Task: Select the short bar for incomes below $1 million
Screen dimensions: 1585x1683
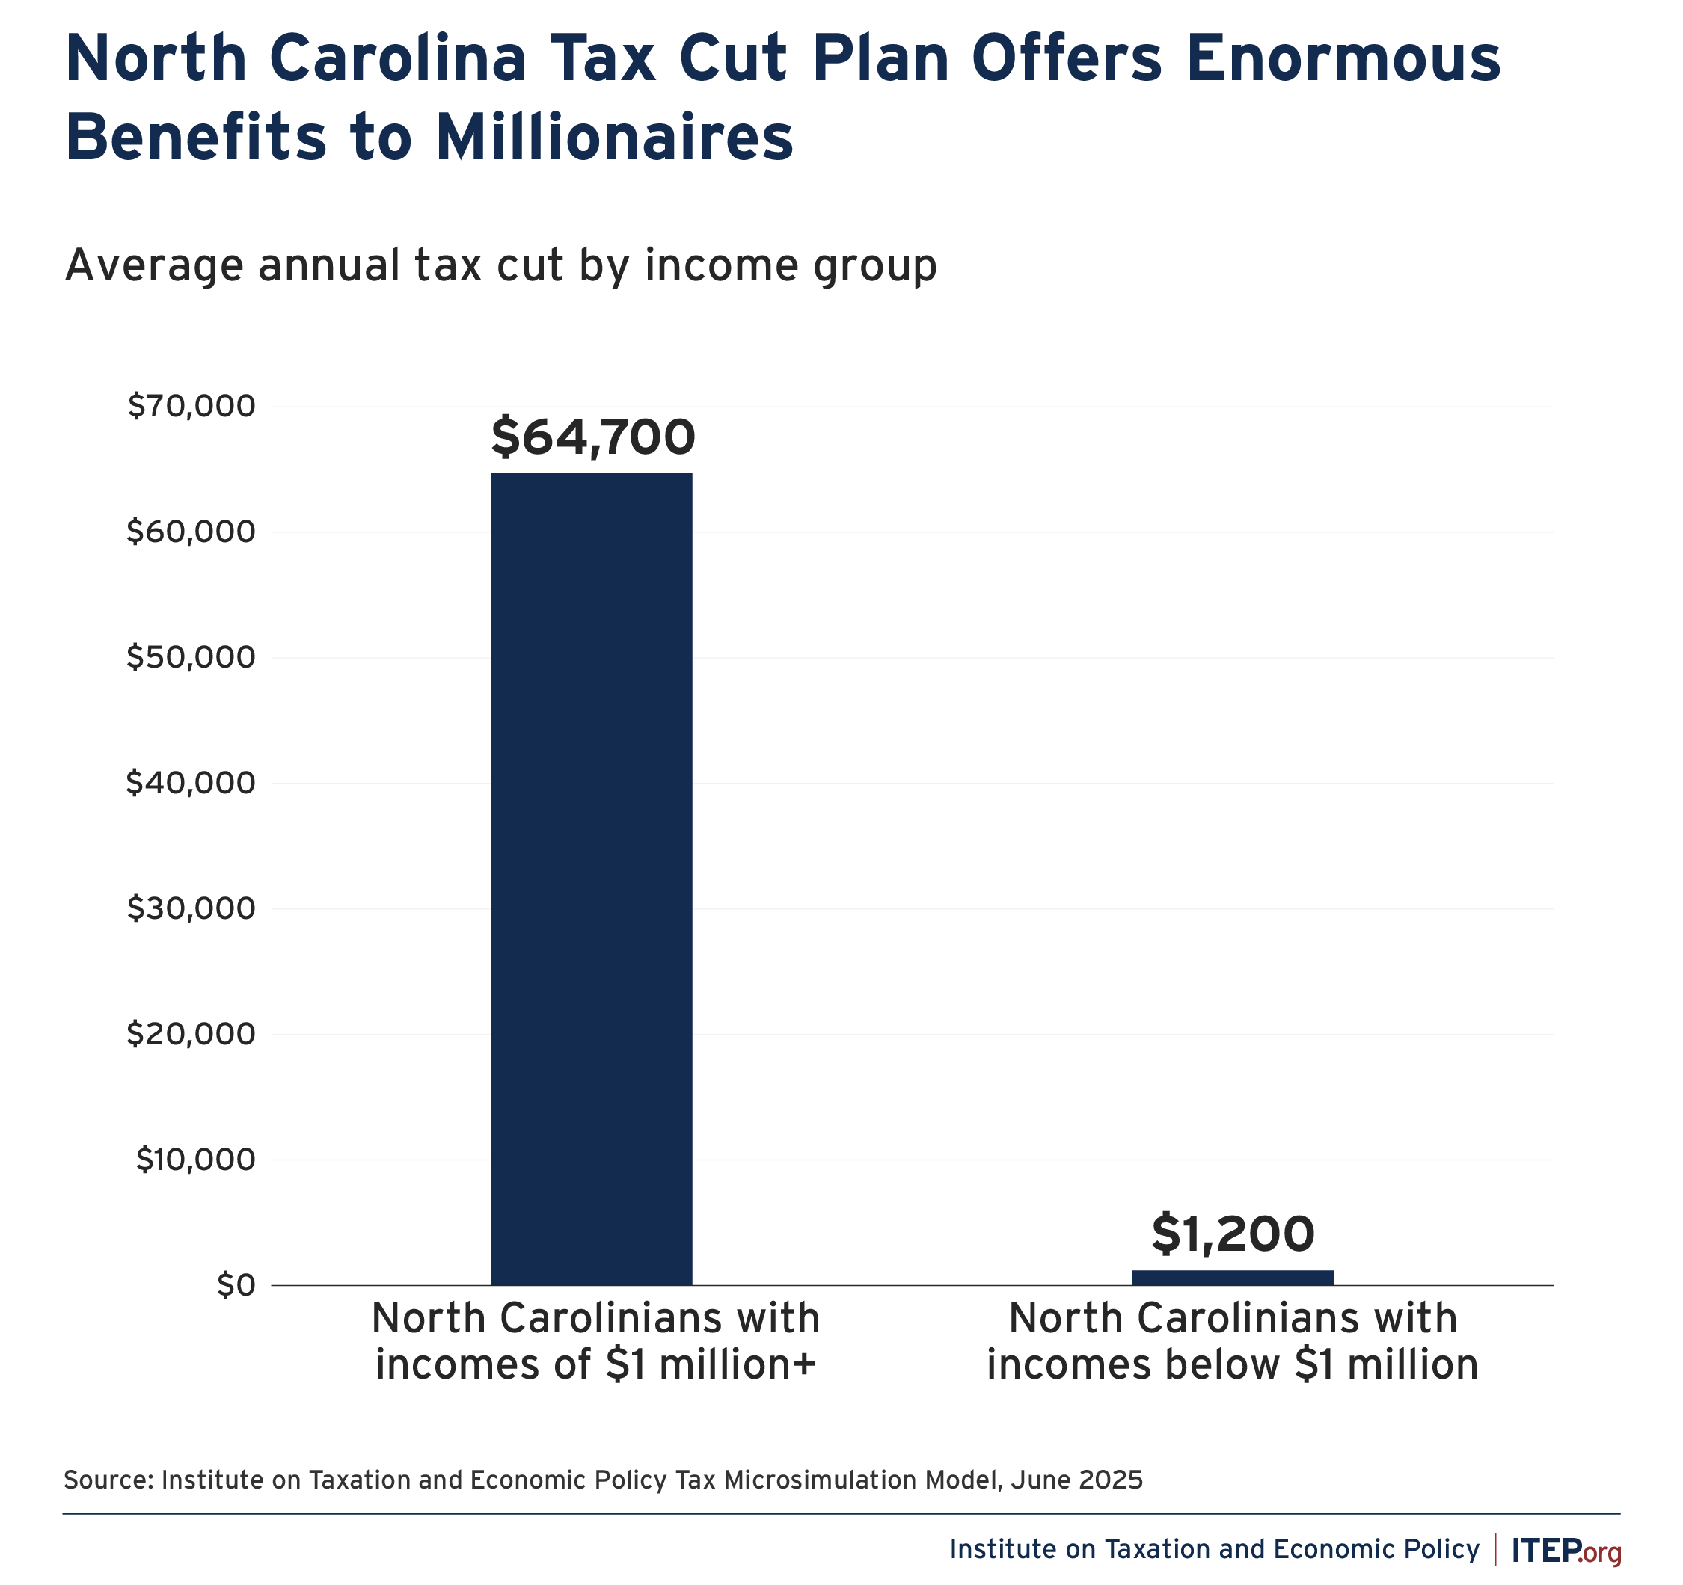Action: tap(1233, 1277)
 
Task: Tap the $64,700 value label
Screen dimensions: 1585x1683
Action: tap(592, 437)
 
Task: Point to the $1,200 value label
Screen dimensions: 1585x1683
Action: tap(1233, 1234)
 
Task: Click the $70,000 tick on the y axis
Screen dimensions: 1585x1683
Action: tap(191, 406)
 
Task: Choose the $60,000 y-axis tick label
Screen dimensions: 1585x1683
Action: tap(191, 532)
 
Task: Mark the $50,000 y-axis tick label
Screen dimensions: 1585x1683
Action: tap(191, 657)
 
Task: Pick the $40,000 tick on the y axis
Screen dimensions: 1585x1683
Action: tap(191, 783)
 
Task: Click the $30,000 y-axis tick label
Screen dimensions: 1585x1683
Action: tap(191, 908)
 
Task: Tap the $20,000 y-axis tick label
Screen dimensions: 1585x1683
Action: tap(191, 1033)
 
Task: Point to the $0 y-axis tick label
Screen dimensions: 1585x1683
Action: tap(236, 1284)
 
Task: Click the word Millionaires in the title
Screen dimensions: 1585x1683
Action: tap(615, 138)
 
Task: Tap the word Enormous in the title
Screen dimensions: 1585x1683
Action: tap(1343, 58)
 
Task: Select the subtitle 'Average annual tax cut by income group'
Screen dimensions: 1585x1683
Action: tap(500, 265)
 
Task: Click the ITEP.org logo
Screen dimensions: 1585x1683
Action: tap(1566, 1548)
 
